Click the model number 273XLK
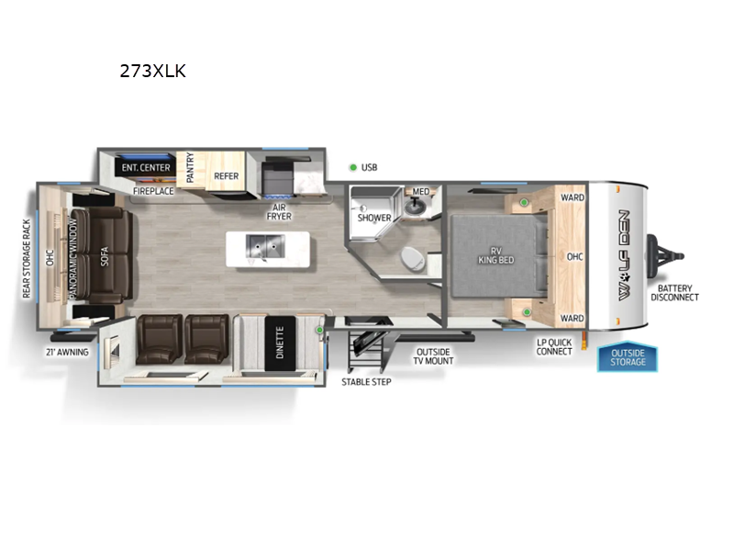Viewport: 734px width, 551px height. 152,71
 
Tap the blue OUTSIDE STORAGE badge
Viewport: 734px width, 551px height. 628,357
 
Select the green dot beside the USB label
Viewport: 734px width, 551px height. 353,167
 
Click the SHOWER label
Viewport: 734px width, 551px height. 374,218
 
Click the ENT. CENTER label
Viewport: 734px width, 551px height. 142,168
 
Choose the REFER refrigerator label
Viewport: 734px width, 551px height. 227,175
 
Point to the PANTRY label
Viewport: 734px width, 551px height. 190,169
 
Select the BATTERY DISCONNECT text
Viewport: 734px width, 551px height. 675,292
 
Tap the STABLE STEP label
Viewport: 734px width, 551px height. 366,381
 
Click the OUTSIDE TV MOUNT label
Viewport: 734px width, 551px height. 434,355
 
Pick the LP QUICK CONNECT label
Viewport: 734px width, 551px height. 554,347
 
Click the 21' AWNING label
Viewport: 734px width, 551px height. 67,351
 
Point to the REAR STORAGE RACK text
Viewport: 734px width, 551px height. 27,258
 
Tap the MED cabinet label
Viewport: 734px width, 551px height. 420,192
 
